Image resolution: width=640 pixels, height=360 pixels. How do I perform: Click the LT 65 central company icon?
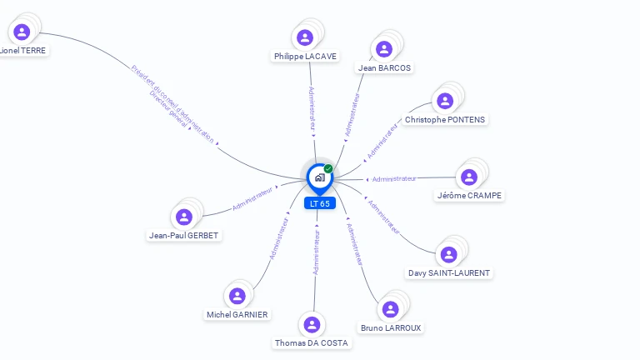point(319,177)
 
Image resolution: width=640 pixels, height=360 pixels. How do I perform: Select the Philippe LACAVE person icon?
point(305,37)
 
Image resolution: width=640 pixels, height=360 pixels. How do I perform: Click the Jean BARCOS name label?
point(384,67)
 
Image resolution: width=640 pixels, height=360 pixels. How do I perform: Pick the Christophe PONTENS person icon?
point(445,101)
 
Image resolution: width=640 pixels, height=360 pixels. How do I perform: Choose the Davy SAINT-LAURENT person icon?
point(449,254)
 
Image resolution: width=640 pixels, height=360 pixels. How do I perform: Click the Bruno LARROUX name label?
point(391,327)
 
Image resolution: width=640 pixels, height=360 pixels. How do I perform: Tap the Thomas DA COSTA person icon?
point(312,324)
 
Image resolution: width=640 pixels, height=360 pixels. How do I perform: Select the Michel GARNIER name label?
point(237,314)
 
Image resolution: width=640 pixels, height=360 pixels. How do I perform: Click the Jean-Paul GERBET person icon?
point(184,217)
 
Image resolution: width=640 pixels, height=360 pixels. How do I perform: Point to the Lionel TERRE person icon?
point(22,32)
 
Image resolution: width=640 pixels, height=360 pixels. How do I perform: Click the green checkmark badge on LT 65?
point(328,168)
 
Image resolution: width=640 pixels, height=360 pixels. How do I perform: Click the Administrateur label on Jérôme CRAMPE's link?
point(394,178)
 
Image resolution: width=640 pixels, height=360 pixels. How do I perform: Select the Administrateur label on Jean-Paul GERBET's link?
point(252,197)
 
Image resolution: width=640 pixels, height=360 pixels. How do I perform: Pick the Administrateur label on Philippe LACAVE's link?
point(312,109)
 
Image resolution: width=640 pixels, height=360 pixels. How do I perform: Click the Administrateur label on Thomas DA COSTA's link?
point(317,253)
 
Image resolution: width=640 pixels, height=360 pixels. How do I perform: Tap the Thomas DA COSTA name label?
point(312,342)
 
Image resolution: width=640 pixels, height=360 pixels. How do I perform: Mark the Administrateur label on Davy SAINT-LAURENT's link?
point(384,217)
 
